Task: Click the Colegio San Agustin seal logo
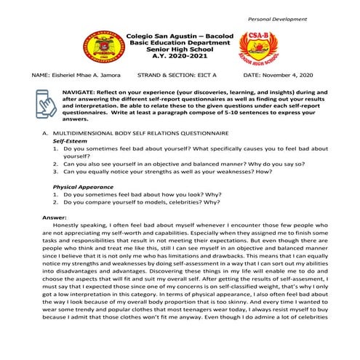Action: pyautogui.click(x=97, y=47)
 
